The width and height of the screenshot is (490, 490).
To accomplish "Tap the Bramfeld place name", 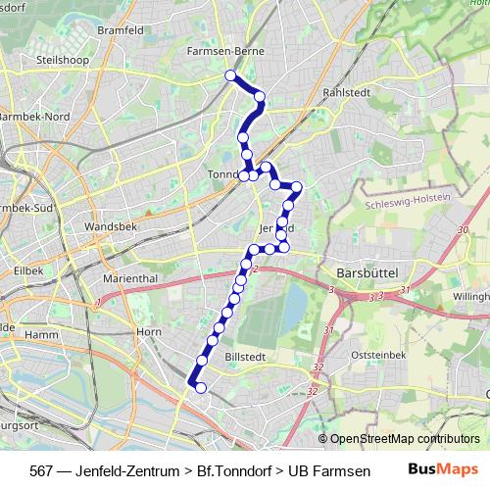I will coord(121,30).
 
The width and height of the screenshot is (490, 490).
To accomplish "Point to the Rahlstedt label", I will coord(343,93).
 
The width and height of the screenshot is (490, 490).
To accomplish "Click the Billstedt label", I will coord(245,359).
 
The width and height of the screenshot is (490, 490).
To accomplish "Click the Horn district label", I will coord(149,332).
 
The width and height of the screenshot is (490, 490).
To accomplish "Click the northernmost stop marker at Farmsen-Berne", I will coord(230,75).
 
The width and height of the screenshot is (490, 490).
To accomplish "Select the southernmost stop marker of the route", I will coord(201,388).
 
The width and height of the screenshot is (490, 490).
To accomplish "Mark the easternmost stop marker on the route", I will coord(297,186).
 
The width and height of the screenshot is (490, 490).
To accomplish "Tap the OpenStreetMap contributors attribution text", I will coord(404,438).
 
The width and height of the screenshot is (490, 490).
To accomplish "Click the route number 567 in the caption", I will coord(41,469).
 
